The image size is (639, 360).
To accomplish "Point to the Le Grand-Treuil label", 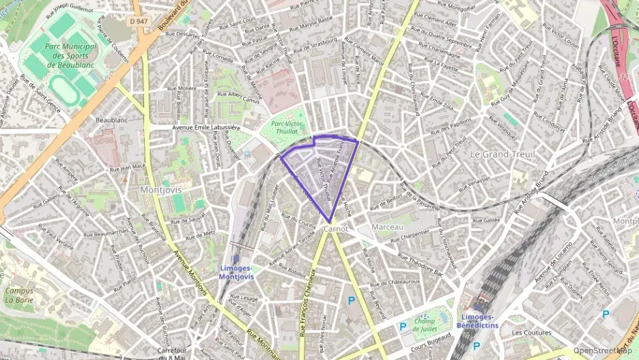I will click(502, 154).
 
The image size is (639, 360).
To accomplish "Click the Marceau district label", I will click(388, 226).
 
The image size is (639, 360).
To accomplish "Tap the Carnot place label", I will click(337, 229).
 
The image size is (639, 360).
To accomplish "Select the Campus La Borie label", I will click(19, 294).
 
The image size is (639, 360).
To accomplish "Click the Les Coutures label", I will click(530, 333).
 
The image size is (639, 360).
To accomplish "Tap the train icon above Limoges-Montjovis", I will click(236, 259).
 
